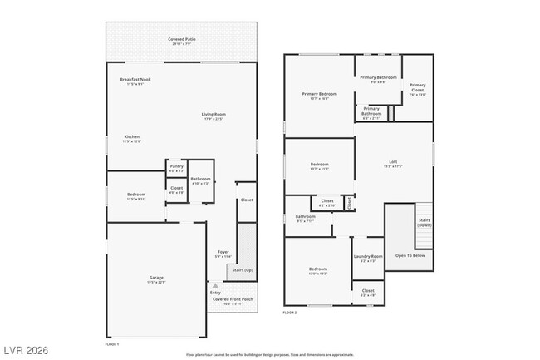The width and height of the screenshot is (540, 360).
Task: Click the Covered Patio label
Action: pyautogui.click(x=181, y=40)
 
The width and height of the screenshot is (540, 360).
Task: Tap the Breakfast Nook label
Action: pyautogui.click(x=135, y=81)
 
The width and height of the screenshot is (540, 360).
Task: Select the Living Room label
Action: pyautogui.click(x=214, y=116)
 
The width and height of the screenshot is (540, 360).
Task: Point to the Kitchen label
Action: pyautogui.click(x=132, y=138)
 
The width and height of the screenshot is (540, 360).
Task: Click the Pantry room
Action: pyautogui.click(x=176, y=168)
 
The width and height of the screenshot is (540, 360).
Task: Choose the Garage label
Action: pyautogui.click(x=156, y=279)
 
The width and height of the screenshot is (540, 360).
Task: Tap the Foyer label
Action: pyautogui.click(x=223, y=253)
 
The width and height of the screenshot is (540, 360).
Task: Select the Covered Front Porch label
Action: pyautogui.click(x=232, y=299)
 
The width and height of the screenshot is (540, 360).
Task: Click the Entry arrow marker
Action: pyautogui.click(x=214, y=285)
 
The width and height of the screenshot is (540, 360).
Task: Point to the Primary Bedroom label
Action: pyautogui.click(x=319, y=96)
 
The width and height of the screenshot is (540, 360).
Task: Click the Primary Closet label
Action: pyautogui.click(x=417, y=87)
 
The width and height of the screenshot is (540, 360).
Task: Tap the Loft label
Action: pyautogui.click(x=393, y=163)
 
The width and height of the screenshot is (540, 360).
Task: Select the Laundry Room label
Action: pyautogui.click(x=368, y=258)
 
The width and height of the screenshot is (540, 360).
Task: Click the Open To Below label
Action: pyautogui.click(x=410, y=255)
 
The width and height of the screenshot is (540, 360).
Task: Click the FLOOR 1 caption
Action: pyautogui.click(x=112, y=343)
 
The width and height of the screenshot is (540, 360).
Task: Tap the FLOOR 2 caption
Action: pyautogui.click(x=290, y=312)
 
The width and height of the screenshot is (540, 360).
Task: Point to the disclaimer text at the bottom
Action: pyautogui.click(x=269, y=354)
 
